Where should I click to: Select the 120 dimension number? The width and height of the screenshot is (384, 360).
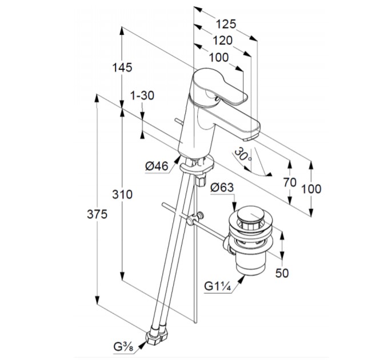(222, 40)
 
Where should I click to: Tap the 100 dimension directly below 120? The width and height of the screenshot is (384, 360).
(218, 57)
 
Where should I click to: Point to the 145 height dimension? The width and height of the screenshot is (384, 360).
(122, 67)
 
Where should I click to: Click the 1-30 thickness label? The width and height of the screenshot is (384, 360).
(142, 95)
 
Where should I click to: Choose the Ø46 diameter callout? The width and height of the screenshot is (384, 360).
(157, 166)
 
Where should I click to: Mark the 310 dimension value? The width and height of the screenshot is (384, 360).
(122, 194)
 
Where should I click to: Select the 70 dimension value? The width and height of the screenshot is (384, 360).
(290, 182)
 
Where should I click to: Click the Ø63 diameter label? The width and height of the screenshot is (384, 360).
(221, 187)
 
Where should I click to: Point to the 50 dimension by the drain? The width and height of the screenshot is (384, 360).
(282, 273)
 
